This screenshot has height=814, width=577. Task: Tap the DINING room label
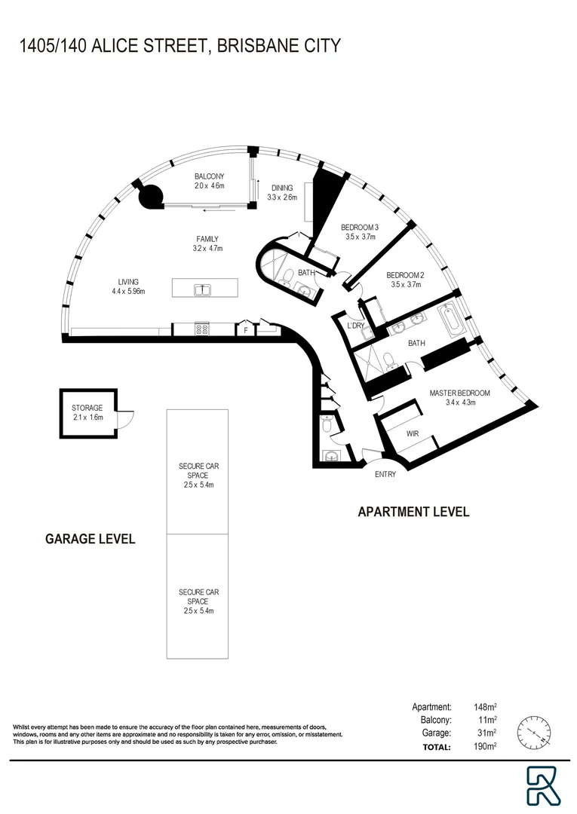(282, 188)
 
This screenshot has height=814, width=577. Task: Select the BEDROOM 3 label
(359, 227)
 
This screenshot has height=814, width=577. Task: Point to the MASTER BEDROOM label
(460, 393)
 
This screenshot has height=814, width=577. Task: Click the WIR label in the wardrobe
(413, 434)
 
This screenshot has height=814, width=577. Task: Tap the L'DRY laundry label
(355, 326)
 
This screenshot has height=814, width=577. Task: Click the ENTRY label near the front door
(385, 475)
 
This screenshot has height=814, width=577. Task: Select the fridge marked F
(245, 330)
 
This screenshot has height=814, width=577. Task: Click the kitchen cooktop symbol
(202, 329)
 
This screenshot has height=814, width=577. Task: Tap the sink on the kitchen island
(201, 289)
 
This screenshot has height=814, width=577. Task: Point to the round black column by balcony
(150, 197)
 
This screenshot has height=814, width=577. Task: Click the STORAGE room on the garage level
(87, 412)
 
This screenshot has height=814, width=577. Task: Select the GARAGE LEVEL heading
(91, 539)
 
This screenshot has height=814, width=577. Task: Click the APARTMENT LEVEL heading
(413, 512)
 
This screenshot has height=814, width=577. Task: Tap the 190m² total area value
(483, 747)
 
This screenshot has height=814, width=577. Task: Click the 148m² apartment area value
(483, 707)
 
